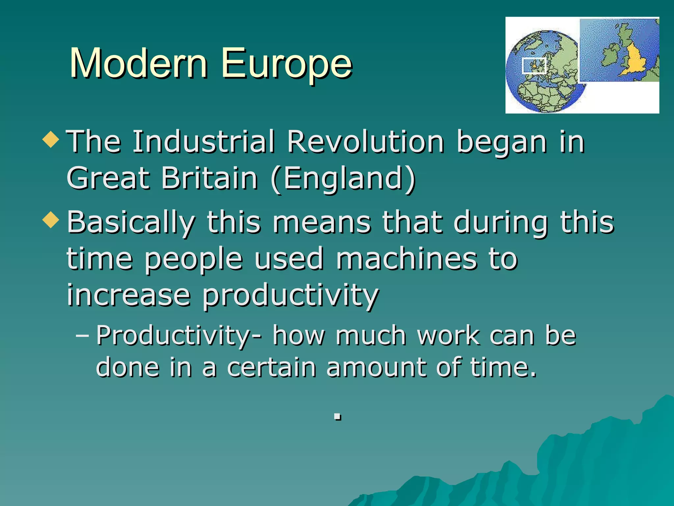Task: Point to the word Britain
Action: tap(209, 178)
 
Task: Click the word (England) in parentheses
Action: tap(343, 179)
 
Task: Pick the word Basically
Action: tap(131, 223)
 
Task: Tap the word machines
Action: tap(406, 259)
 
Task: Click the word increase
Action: tap(129, 295)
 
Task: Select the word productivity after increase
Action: tap(290, 295)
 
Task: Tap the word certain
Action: tap(272, 367)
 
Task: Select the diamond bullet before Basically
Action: tap(51, 220)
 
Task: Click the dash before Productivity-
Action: tap(82, 336)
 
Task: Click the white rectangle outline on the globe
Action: tap(534, 66)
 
